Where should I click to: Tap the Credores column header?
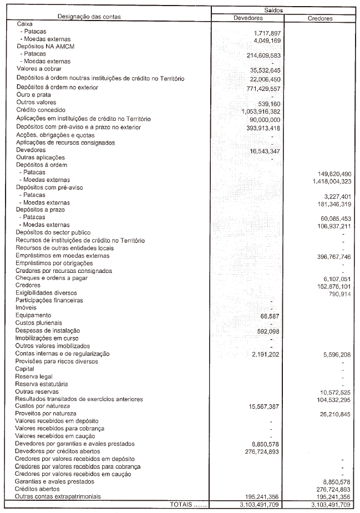pos(320,18)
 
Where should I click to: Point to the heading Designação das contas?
pos(89,17)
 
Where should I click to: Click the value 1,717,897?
pos(267,34)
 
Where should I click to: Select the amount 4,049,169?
pos(267,41)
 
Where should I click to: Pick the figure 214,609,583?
pos(263,56)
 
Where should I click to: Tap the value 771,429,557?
pos(263,88)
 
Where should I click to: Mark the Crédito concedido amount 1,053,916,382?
pos(261,111)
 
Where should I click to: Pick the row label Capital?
pos(25,369)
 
